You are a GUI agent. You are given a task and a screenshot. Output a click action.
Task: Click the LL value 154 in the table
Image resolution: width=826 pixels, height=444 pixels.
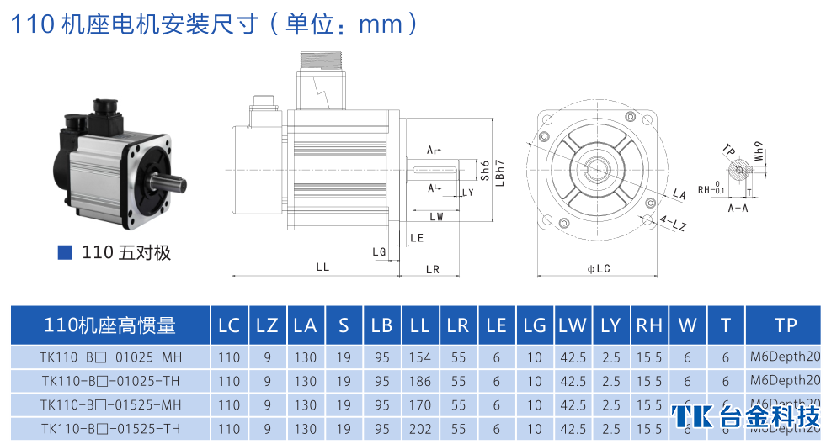(419, 357)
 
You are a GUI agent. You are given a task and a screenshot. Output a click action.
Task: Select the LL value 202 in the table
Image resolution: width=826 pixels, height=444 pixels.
(419, 428)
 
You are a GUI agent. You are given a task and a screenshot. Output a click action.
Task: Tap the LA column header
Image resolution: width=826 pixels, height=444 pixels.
(305, 325)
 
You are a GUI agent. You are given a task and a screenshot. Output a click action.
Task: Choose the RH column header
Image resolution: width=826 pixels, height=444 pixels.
(648, 325)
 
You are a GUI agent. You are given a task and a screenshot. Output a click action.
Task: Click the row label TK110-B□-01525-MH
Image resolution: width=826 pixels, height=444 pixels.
(110, 404)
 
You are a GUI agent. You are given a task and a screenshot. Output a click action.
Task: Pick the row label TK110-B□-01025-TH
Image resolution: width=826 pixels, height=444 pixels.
(110, 381)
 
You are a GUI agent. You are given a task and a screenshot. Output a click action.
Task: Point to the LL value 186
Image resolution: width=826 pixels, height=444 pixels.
(419, 381)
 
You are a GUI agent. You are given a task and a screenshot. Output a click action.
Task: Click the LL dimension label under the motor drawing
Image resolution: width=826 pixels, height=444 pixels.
(322, 267)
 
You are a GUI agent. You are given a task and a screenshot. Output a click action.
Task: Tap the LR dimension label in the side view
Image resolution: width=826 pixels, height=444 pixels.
(433, 269)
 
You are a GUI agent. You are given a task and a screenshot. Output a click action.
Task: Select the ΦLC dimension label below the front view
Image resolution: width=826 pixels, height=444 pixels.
(599, 268)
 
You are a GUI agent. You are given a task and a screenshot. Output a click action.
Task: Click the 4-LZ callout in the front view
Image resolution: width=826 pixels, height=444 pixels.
(673, 224)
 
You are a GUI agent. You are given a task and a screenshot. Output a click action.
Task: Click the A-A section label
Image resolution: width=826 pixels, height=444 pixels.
(738, 207)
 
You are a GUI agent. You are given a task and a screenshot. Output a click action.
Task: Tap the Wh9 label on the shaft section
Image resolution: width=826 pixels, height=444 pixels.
(759, 151)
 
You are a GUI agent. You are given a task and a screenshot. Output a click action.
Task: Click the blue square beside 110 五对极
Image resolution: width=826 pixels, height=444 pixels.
(65, 252)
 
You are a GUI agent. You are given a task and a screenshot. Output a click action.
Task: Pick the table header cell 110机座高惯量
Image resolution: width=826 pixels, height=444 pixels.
(110, 325)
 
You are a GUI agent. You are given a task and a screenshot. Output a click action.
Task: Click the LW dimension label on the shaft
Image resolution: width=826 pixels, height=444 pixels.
(436, 217)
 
